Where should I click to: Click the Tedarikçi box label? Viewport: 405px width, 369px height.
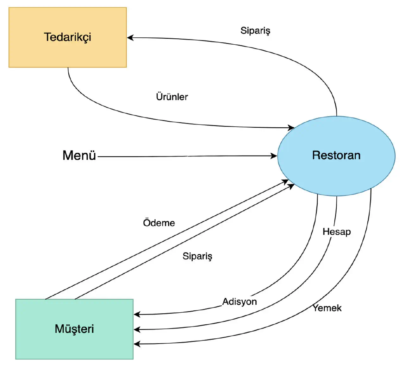coord(67,37)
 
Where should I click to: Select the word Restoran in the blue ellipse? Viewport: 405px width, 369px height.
coord(336,155)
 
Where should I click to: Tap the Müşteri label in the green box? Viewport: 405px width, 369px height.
coord(74,329)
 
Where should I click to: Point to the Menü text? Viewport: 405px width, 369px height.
coord(79,156)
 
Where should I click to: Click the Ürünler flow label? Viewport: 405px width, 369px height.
coord(172,97)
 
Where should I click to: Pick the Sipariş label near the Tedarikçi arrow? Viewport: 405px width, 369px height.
coord(255,31)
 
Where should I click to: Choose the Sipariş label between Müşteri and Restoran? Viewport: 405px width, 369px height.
coord(197,256)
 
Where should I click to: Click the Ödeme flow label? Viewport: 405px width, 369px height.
coord(159,223)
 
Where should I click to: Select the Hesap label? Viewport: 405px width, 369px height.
coord(337,232)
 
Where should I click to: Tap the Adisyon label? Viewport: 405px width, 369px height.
coord(240,302)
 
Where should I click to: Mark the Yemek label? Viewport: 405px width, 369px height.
coord(327,308)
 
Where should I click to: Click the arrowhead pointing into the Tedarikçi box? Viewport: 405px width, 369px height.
coord(130,38)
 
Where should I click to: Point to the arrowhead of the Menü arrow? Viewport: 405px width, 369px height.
coord(274,156)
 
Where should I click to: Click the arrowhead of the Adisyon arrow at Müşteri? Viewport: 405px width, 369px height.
coord(137,315)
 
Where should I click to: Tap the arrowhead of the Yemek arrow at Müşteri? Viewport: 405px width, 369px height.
coord(137,344)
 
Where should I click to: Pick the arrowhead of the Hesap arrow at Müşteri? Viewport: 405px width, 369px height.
coord(137,329)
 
